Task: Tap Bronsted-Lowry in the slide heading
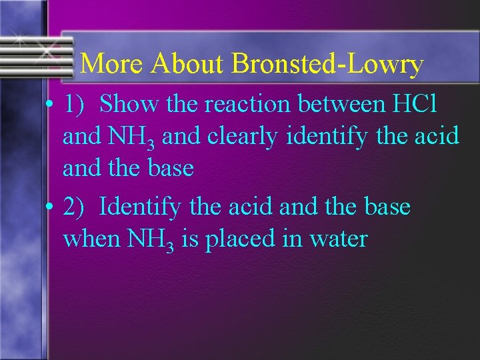pyautogui.click(x=328, y=65)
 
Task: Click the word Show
pyautogui.click(x=128, y=104)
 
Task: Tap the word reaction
pyautogui.click(x=247, y=104)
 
